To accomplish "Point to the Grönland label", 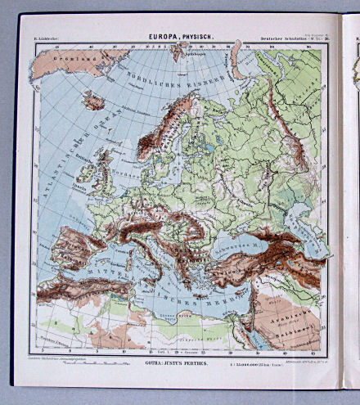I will click(67, 58).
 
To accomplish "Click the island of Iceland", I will click(93, 101).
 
